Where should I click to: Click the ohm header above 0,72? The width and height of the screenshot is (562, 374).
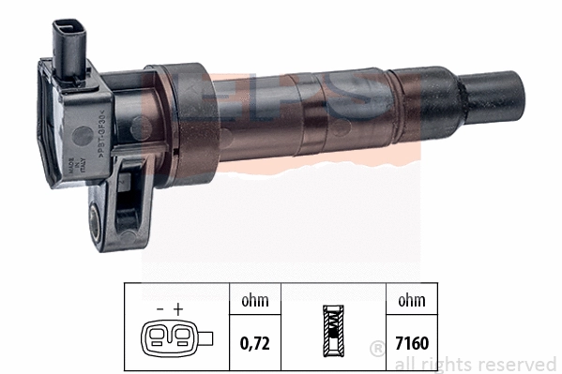[x=254, y=300]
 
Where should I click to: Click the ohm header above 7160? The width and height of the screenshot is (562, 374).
[x=411, y=300]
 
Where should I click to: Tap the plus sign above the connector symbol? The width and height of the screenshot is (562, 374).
[x=176, y=307]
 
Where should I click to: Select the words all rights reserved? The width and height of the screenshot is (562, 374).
[x=475, y=363]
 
